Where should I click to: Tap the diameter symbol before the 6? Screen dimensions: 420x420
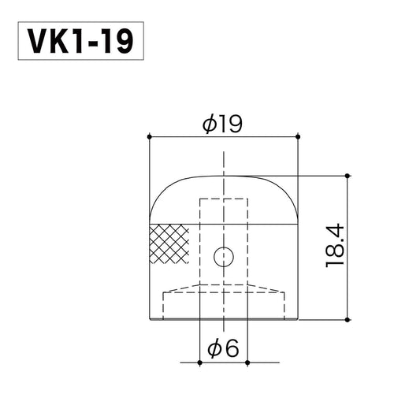click(x=213, y=348)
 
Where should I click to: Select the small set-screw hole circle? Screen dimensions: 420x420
click(x=224, y=256)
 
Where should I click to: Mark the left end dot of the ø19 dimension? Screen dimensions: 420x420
click(x=149, y=137)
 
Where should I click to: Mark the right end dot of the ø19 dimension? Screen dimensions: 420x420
click(x=299, y=137)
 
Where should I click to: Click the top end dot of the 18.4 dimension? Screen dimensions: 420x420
click(x=347, y=175)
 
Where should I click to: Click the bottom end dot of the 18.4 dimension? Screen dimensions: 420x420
click(x=347, y=319)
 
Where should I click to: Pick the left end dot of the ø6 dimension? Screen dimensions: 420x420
click(x=200, y=362)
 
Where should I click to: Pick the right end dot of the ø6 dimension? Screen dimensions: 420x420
click(x=247, y=362)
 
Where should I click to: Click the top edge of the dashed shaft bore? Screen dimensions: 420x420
click(x=224, y=199)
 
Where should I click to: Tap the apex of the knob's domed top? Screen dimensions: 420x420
click(x=224, y=176)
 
